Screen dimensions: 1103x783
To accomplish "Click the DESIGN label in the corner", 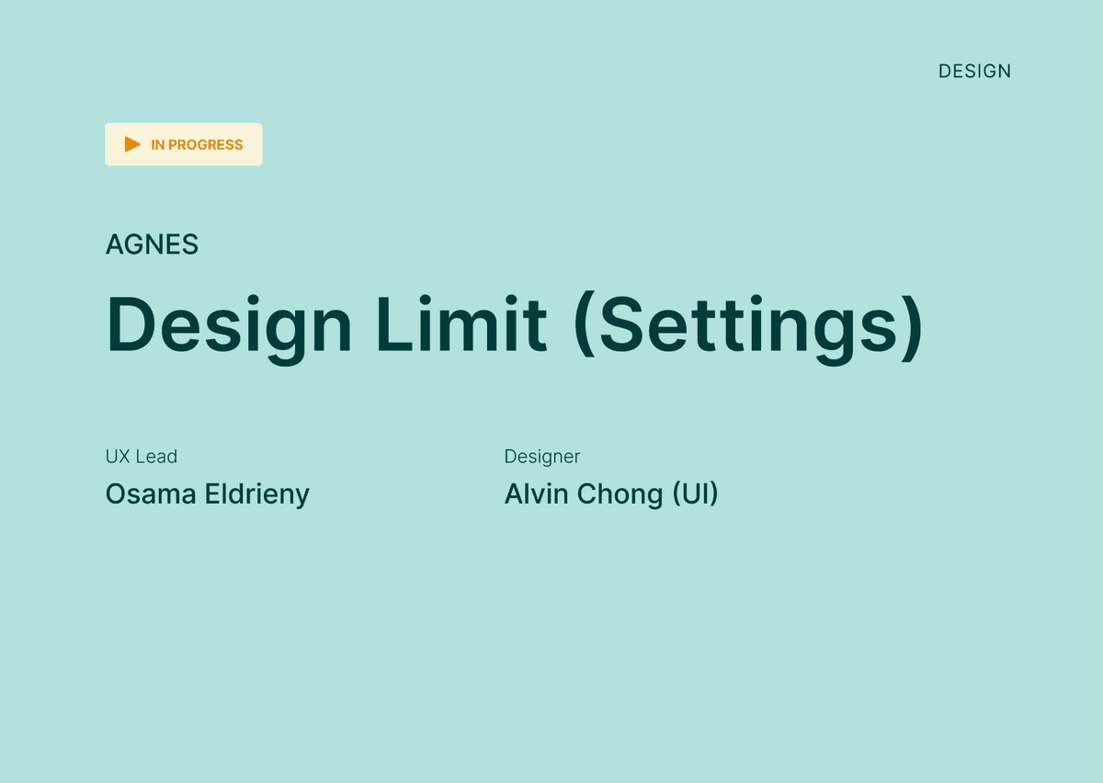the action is (x=974, y=72).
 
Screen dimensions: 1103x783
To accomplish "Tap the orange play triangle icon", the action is (x=132, y=144).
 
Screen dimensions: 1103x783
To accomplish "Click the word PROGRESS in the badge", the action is (x=205, y=145).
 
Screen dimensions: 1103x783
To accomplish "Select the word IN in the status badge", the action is (x=157, y=145).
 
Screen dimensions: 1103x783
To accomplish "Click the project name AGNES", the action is (x=153, y=244).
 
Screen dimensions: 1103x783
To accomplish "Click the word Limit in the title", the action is (x=461, y=324).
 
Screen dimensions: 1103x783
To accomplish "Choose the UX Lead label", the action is (x=142, y=457).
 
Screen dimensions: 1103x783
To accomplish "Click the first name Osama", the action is (x=151, y=494).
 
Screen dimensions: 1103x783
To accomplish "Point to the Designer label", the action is (x=542, y=457).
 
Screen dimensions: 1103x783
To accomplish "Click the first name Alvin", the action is (x=536, y=494).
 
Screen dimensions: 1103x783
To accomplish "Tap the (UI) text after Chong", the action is (x=695, y=494).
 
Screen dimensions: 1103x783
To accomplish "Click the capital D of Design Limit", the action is (x=131, y=324).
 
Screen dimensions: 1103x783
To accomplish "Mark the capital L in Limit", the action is (x=394, y=324).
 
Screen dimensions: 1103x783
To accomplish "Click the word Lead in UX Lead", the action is (x=156, y=457).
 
